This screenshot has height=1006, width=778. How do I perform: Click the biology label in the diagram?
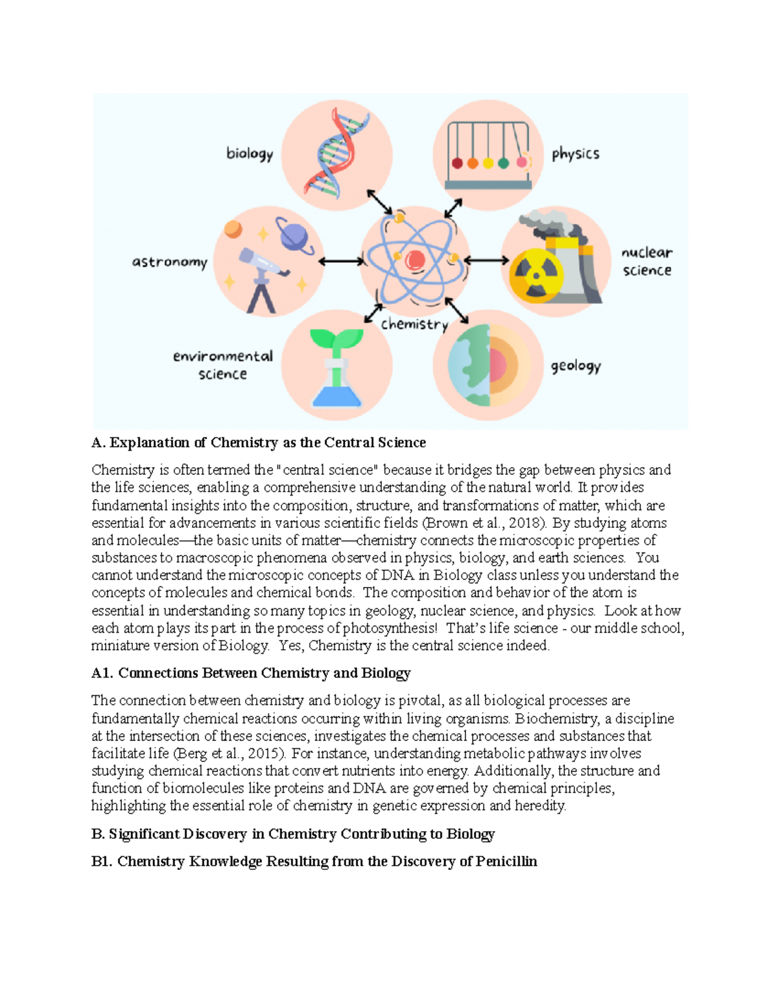[250, 154]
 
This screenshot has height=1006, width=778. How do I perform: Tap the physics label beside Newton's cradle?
[575, 154]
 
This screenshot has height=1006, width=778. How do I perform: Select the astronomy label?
[169, 262]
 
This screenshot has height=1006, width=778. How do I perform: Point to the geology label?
[576, 367]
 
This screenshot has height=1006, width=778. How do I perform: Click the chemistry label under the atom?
[414, 325]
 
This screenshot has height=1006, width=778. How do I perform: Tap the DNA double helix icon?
[337, 154]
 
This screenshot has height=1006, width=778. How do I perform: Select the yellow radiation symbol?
[536, 276]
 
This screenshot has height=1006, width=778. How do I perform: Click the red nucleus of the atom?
[415, 260]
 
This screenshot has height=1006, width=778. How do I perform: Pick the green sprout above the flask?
[336, 339]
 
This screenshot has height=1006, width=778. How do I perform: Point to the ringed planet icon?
[294, 235]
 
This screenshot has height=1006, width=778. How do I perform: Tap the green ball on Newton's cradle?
[503, 163]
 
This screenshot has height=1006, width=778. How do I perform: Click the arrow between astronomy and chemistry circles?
[342, 262]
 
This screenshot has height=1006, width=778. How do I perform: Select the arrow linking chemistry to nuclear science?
[486, 260]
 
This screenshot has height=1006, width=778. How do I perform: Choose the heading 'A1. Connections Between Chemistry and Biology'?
[251, 673]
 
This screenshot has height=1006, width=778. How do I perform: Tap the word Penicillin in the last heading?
[506, 862]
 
